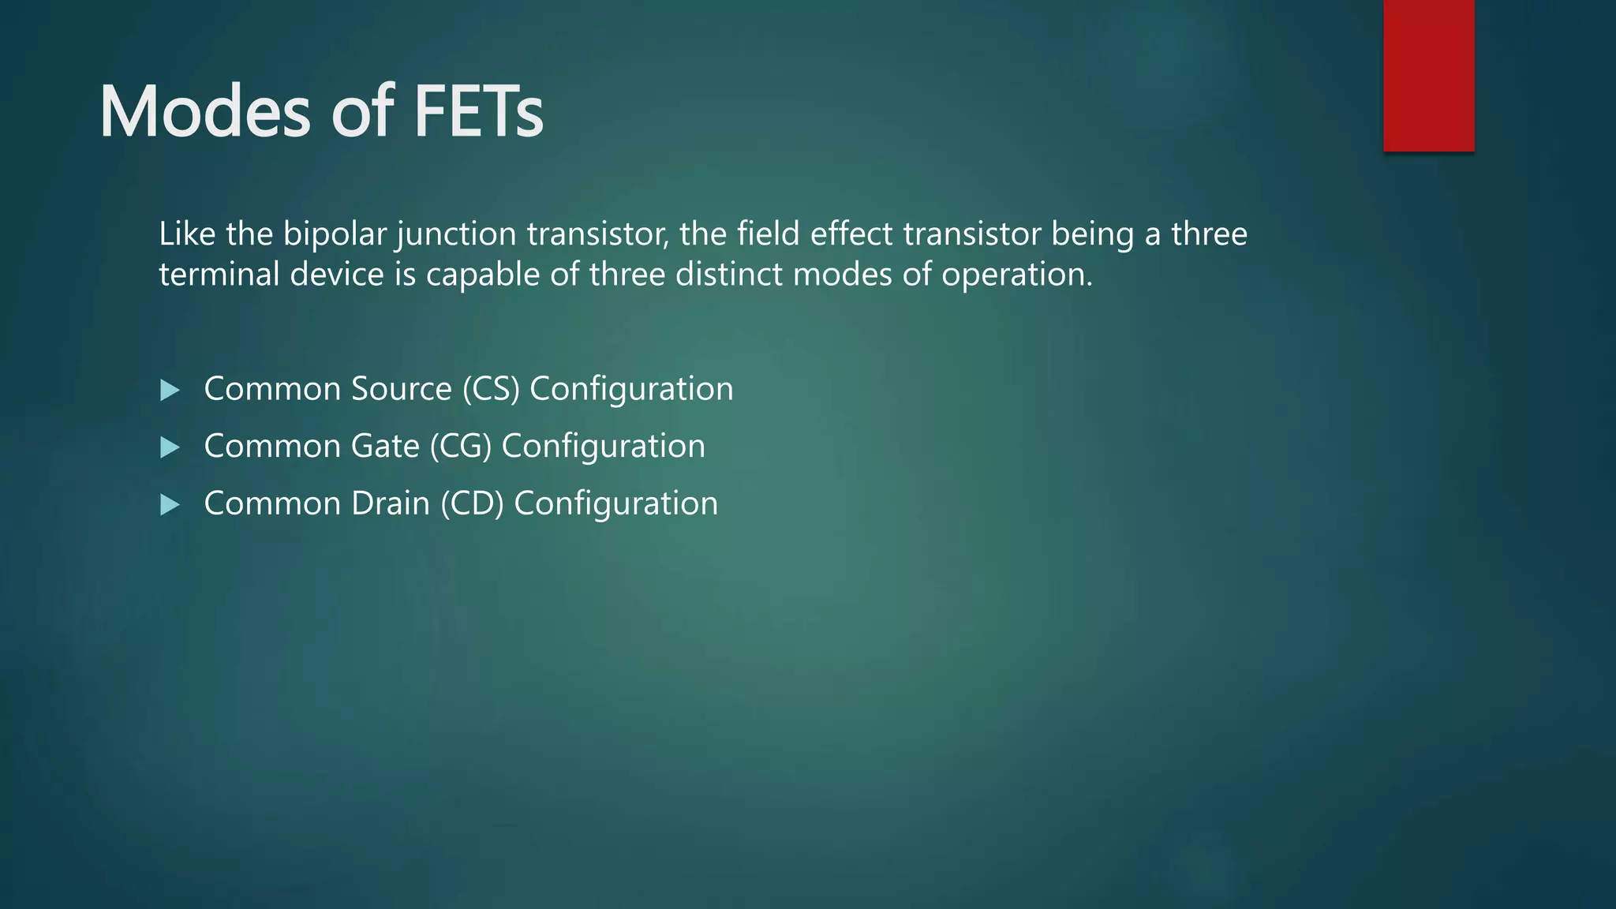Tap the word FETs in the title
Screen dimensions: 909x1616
pyautogui.click(x=478, y=112)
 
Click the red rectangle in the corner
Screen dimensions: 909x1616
pyautogui.click(x=1428, y=75)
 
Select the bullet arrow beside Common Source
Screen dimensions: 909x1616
pyautogui.click(x=170, y=390)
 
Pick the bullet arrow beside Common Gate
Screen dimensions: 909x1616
pyautogui.click(x=170, y=447)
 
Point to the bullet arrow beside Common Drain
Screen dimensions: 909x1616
pyautogui.click(x=170, y=505)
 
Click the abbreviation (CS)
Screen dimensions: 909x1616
pyautogui.click(x=491, y=389)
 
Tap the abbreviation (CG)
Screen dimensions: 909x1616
pyautogui.click(x=461, y=447)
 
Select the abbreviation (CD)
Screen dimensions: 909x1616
pyautogui.click(x=472, y=504)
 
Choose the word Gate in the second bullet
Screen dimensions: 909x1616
pyautogui.click(x=385, y=447)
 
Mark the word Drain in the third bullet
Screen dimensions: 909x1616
pyautogui.click(x=391, y=504)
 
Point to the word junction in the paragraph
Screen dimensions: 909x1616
pyautogui.click(x=457, y=234)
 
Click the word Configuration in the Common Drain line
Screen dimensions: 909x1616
pyautogui.click(x=615, y=504)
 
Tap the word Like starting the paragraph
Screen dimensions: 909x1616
pyautogui.click(x=187, y=234)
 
